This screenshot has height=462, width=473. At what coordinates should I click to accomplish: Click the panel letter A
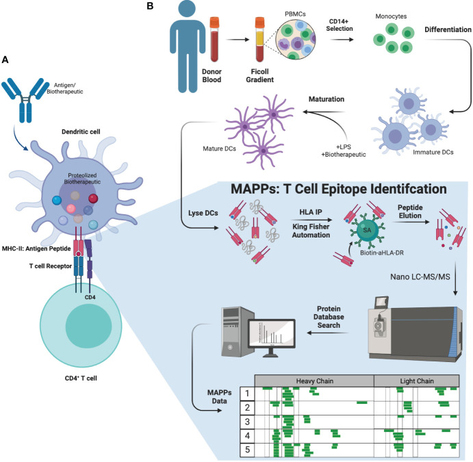pyautogui.click(x=5, y=60)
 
